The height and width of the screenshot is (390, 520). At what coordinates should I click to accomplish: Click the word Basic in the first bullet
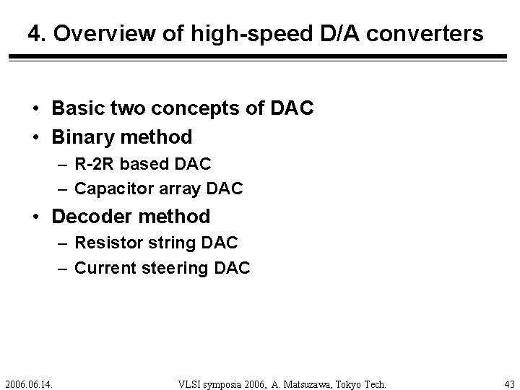coord(76,108)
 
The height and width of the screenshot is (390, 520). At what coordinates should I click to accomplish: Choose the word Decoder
coord(90,216)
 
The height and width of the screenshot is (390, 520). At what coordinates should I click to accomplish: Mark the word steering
coord(173,269)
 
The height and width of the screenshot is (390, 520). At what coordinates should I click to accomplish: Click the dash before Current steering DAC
coord(64,269)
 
